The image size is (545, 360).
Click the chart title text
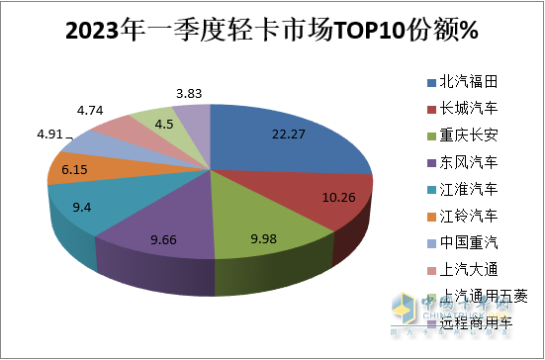[x=272, y=32]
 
